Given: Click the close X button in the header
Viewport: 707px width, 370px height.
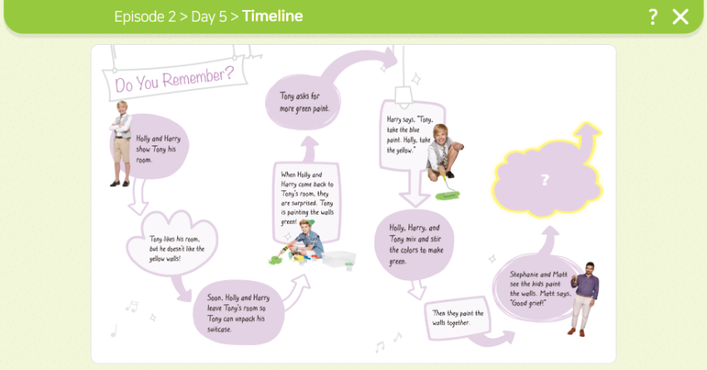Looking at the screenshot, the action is pos(680,17).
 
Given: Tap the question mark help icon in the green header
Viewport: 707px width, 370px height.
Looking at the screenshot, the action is pos(653,17).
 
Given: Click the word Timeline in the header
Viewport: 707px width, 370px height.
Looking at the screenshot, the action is pos(272,17).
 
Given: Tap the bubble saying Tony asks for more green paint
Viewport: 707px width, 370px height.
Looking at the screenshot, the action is pos(303,103).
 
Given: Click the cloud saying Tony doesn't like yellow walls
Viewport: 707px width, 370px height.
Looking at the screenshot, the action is pos(173,244).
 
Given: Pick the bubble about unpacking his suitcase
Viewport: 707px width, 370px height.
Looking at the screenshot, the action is pos(238,313).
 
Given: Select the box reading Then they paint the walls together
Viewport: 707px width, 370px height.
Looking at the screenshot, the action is pos(457,318).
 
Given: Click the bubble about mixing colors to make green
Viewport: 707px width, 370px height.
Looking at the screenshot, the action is pos(414,244).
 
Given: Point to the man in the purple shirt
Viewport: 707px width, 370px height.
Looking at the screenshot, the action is pos(585,298).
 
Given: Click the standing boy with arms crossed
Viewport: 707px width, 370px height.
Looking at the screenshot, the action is pos(121,143).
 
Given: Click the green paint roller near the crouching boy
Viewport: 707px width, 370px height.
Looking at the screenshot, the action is pos(447,190).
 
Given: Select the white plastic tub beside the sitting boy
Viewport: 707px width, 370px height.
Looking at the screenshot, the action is pos(339,259).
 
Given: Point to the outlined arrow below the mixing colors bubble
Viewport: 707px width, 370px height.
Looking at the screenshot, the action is pos(417,289).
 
